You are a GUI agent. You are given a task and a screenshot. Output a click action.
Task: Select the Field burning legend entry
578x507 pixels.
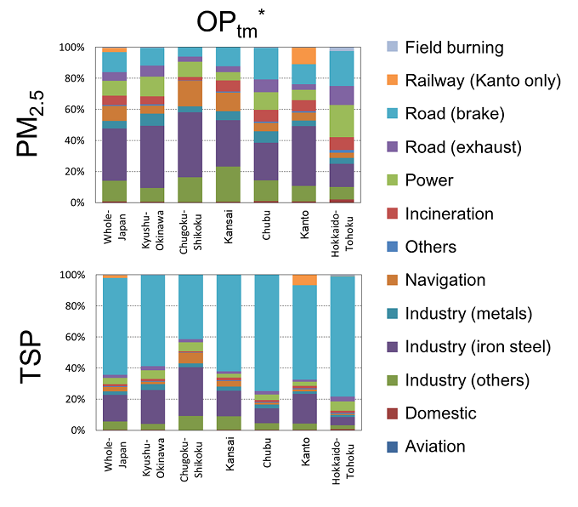[x=454, y=48]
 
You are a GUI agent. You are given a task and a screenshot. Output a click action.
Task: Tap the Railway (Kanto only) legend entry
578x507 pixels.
[x=483, y=81]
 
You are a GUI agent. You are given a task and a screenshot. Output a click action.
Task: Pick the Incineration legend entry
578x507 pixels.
[x=448, y=214]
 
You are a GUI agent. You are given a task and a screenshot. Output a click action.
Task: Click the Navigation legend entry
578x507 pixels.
[x=446, y=280]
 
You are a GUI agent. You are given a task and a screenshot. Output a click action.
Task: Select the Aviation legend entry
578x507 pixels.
[x=435, y=446]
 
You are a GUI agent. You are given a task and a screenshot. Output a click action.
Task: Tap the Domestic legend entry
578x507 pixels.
[x=441, y=413]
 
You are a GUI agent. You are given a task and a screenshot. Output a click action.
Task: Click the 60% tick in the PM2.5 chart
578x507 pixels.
[x=73, y=110]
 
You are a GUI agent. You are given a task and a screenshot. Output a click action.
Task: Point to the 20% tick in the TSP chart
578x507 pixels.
[x=73, y=399]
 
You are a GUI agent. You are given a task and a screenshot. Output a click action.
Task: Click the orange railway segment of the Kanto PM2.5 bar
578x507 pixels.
[x=303, y=55]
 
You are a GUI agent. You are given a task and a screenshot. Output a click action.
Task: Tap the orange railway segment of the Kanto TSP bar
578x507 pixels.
[x=303, y=280]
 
